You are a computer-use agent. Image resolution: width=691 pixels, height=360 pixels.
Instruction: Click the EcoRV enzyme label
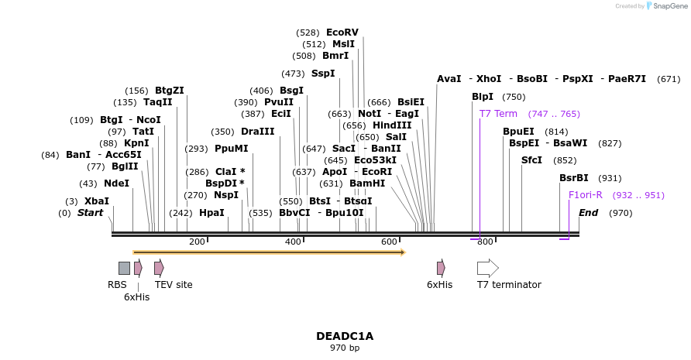(342, 33)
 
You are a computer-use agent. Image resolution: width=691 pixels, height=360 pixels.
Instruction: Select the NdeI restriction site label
(116, 183)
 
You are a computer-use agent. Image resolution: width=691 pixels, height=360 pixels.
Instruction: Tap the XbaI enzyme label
(97, 201)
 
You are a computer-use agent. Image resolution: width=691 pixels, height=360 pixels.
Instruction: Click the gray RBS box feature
(124, 268)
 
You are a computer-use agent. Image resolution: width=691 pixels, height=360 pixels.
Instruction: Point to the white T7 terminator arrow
(487, 268)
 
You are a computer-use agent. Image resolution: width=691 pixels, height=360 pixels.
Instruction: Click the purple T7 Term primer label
(498, 114)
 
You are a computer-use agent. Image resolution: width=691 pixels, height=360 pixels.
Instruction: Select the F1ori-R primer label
(585, 195)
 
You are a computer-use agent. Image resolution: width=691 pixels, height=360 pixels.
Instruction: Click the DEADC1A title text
(345, 336)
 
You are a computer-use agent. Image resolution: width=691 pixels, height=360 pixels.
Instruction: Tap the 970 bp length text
(345, 348)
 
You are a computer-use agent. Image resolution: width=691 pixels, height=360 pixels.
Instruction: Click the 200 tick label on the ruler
(197, 242)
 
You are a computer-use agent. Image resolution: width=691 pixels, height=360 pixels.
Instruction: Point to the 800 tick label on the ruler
(485, 242)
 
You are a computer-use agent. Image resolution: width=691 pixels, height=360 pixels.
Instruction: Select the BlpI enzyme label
(483, 97)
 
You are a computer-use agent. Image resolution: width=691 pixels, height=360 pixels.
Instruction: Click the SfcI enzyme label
(531, 160)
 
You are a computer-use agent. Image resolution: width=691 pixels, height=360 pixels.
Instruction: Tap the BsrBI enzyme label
(574, 178)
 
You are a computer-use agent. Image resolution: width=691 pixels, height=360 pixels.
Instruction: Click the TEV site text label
(174, 285)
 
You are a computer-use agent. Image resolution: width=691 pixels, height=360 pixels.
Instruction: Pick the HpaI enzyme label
(211, 213)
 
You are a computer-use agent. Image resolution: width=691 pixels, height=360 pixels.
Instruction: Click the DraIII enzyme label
(257, 132)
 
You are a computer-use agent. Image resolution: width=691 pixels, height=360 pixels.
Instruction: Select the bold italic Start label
(90, 213)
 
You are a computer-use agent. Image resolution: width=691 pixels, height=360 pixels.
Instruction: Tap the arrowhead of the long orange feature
(402, 252)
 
